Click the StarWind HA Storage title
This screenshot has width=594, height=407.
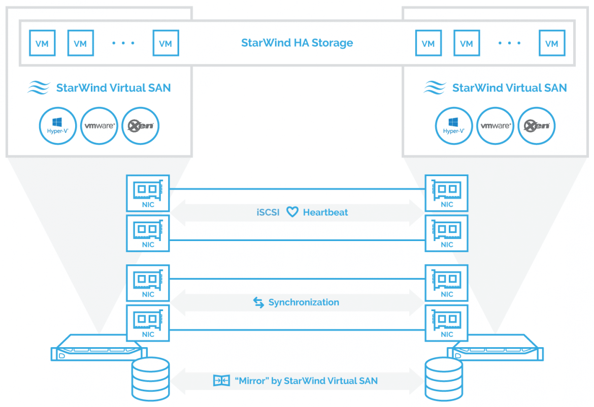pos(297,43)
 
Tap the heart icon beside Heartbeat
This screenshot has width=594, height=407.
pos(292,212)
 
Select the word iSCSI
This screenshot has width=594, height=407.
pos(268,213)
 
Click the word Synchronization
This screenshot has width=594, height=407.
pos(304,302)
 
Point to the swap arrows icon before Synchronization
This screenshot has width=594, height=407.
pos(258,302)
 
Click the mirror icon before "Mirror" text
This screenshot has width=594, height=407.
pos(222,380)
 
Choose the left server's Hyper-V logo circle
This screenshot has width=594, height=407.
pos(58,126)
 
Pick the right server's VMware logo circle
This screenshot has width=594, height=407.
pos(495,126)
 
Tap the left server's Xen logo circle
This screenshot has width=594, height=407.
pos(141,126)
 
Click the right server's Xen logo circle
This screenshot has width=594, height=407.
pos(537,126)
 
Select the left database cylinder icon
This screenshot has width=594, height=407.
pos(150,379)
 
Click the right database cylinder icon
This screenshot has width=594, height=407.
pos(444,379)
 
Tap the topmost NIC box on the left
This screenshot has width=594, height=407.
pos(148,193)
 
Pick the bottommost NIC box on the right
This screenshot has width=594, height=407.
pos(447,323)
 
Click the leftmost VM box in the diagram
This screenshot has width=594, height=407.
pos(43,43)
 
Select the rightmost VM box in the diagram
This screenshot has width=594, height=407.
pos(552,43)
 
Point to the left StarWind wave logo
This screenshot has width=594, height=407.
pos(39,87)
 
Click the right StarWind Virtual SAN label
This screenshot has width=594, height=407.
pos(510,88)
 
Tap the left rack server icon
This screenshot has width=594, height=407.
pos(99,348)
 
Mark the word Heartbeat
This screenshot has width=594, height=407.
pos(325,213)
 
